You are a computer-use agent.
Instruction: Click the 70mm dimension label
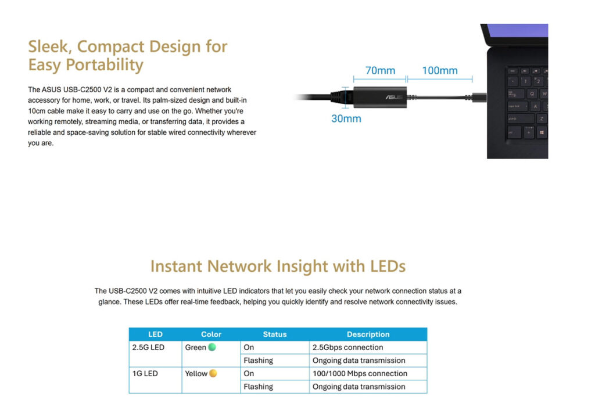380,70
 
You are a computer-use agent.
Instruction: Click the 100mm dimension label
440,70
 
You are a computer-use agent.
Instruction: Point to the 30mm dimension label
346,118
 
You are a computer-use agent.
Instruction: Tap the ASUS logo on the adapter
395,97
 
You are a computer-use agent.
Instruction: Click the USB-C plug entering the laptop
479,98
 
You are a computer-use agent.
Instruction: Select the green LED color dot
212,347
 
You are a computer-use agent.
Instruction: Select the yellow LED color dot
213,373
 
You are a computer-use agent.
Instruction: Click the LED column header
155,334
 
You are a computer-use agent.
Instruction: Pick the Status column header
275,334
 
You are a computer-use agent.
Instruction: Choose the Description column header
368,334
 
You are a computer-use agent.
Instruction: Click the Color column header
211,334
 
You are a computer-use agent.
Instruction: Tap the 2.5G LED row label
148,347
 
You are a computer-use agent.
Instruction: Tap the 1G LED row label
145,373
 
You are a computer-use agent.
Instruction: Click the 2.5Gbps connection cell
347,347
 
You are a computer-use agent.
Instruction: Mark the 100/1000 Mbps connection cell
360,373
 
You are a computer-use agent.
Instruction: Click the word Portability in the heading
105,65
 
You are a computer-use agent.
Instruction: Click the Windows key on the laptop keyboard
542,133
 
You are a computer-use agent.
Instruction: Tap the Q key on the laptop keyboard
532,93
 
